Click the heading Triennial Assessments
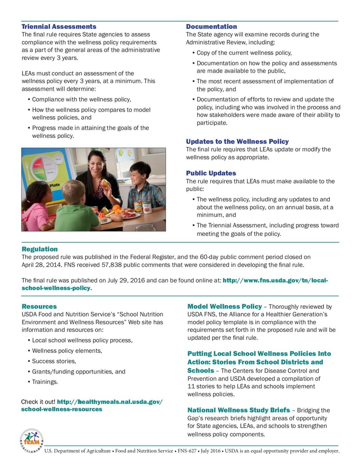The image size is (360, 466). point(59,27)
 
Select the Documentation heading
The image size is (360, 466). point(211,27)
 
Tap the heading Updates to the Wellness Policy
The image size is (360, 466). point(237,141)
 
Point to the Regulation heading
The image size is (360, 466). point(40,249)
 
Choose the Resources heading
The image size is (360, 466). point(39,306)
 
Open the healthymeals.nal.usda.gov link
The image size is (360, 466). point(92,405)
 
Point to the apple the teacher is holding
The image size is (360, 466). point(104,183)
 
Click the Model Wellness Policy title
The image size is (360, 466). point(224,306)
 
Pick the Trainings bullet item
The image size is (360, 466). point(45,382)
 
